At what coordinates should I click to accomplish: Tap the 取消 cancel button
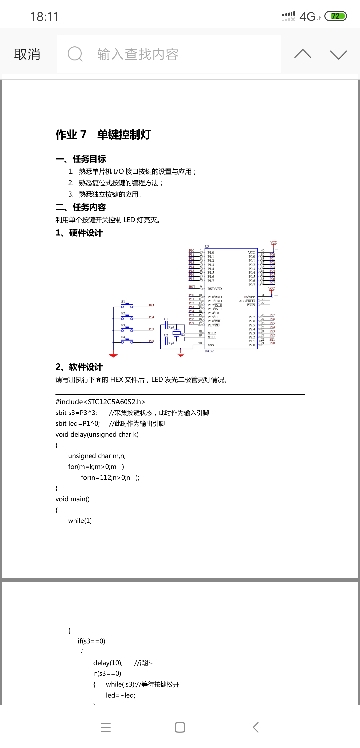click(27, 55)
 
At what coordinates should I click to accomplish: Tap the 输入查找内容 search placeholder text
click(137, 55)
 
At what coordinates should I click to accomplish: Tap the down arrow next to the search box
click(336, 55)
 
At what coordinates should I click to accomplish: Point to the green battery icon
click(329, 16)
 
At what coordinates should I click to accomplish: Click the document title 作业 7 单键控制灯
click(103, 134)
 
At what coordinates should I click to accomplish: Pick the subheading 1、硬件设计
click(79, 232)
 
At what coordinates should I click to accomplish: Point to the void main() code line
click(73, 469)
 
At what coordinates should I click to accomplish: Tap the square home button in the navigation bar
click(180, 727)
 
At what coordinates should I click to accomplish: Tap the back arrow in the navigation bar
click(256, 727)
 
